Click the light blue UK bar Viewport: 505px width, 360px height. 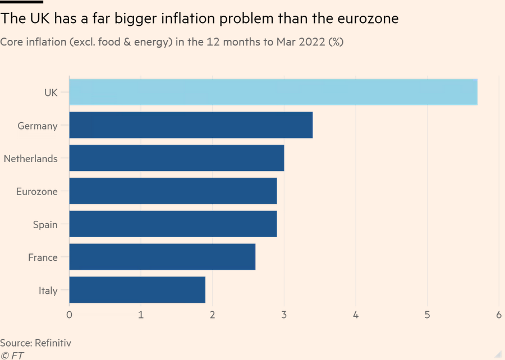pos(273,92)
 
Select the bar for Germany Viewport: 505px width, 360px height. pos(191,125)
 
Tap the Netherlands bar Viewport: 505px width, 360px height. pos(176,158)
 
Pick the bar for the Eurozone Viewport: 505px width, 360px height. pos(173,191)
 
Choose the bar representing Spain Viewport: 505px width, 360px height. pos(173,224)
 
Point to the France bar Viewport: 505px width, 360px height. pos(162,257)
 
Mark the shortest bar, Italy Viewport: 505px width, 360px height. pos(137,290)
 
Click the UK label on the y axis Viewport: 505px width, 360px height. pos(50,93)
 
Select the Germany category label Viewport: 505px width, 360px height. pos(37,126)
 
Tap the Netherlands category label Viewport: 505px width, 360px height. pos(30,159)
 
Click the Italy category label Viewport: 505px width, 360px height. pos(48,290)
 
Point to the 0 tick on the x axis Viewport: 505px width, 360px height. pos(69,315)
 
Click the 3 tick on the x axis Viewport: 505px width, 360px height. pos(284,315)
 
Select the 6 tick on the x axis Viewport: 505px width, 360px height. pos(499,315)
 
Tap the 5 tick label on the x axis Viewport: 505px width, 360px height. pos(427,315)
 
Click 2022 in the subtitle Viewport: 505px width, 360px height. pos(310,42)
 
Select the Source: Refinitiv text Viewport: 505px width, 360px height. pos(35,343)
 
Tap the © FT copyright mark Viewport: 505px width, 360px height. pos(12,355)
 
